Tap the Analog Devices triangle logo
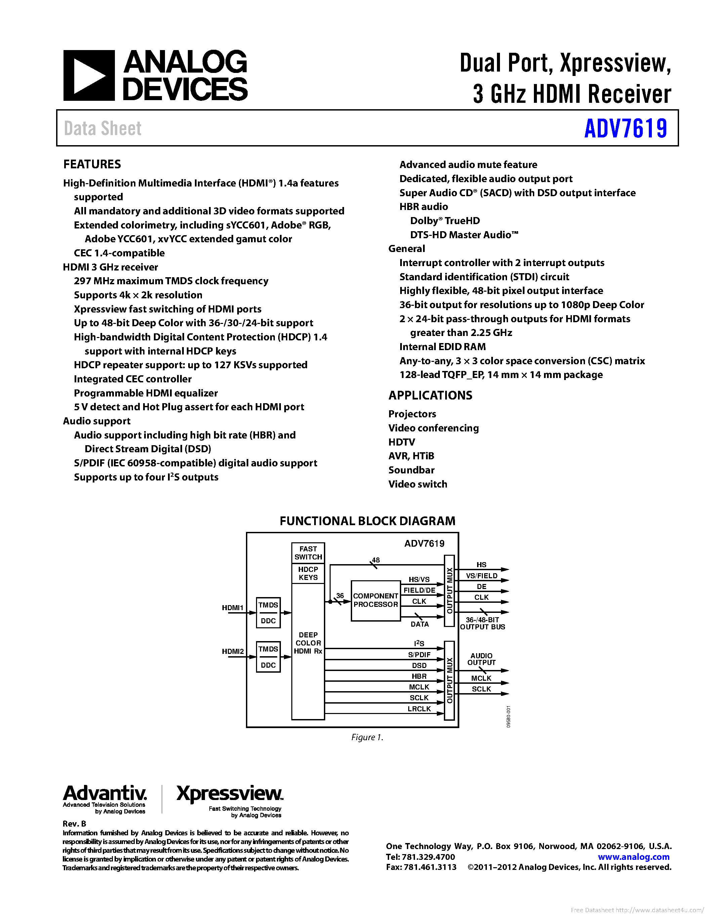[x=89, y=76]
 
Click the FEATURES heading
[x=92, y=164]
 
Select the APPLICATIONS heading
[x=430, y=395]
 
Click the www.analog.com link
[x=633, y=857]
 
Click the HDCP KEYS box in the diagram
[x=308, y=573]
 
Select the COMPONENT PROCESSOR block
[x=376, y=600]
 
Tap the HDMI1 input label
[x=233, y=608]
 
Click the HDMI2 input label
[x=233, y=652]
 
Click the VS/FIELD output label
[x=481, y=576]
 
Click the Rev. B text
[x=75, y=824]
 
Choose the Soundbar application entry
[x=411, y=470]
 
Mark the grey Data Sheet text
[x=103, y=129]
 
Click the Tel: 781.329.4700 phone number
[x=420, y=857]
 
